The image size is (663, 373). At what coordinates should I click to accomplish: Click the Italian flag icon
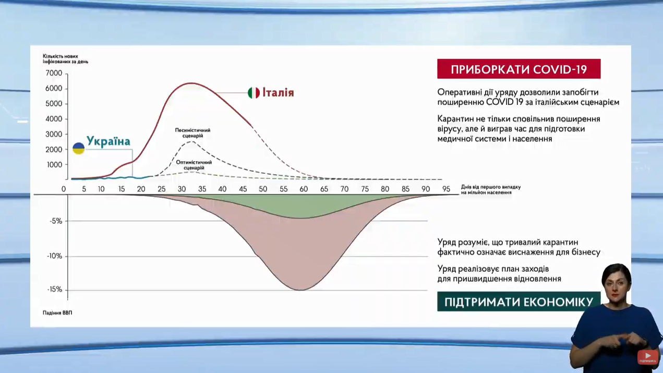tap(254, 93)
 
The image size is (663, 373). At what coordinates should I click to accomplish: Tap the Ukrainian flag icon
tap(79, 148)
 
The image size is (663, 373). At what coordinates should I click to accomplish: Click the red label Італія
tap(278, 93)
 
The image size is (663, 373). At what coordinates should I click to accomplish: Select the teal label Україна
tap(109, 141)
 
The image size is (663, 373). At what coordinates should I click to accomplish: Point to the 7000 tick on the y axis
tap(54, 73)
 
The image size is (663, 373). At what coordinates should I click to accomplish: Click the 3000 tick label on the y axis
tap(54, 134)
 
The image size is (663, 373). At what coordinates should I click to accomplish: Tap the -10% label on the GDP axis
tap(55, 256)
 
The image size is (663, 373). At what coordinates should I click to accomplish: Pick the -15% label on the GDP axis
tap(55, 289)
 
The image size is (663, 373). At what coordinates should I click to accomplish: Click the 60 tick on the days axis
tap(304, 189)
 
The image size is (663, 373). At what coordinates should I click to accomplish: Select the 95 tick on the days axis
tap(446, 189)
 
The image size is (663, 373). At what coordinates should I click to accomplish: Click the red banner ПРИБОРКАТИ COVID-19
tap(519, 69)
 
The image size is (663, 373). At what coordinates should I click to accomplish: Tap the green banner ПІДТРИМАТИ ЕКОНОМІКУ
tap(519, 302)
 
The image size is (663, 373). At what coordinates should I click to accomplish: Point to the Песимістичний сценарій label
tap(192, 133)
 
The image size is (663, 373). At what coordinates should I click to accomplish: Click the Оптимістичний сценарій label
tap(194, 165)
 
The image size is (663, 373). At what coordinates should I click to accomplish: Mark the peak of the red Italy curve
tap(191, 83)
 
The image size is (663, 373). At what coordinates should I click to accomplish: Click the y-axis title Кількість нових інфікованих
tap(65, 58)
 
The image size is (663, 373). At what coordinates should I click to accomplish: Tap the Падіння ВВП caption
tap(57, 312)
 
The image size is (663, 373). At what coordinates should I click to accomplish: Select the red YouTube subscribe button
tap(647, 356)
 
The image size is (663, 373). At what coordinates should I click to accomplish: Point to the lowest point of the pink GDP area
tap(302, 290)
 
